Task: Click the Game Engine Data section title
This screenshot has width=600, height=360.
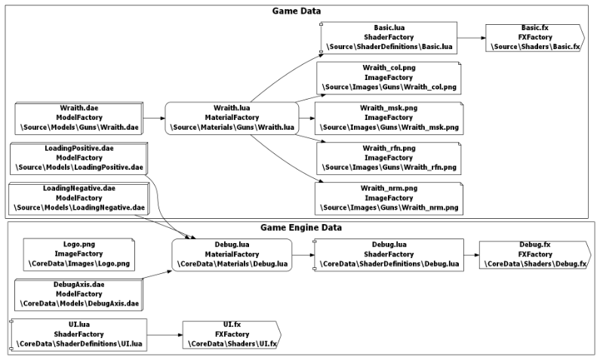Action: (x=301, y=227)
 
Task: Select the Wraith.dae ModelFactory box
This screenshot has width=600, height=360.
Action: (x=79, y=118)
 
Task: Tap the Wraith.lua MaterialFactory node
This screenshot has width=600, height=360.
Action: (x=232, y=118)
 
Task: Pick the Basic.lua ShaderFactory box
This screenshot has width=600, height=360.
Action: (x=389, y=38)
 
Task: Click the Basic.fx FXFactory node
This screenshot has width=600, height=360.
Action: (x=535, y=38)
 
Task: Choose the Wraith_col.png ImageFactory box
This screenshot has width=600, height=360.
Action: (x=389, y=78)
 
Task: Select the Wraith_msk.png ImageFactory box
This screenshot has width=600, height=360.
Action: (x=389, y=118)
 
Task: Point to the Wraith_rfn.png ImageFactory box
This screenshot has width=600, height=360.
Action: (x=389, y=158)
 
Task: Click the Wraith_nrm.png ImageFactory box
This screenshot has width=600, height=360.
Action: (x=389, y=198)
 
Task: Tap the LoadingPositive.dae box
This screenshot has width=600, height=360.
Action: (x=79, y=158)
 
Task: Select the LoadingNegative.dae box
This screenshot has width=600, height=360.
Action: (x=79, y=198)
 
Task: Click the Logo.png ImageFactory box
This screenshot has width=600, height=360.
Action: (x=79, y=255)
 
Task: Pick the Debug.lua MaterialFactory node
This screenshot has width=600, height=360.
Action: (x=232, y=255)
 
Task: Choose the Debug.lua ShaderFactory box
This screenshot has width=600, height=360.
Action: (x=389, y=255)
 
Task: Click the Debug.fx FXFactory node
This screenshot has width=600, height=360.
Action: (x=535, y=255)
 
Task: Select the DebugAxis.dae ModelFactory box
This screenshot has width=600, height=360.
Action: (x=79, y=294)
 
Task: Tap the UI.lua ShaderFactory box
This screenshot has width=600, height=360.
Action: (x=79, y=335)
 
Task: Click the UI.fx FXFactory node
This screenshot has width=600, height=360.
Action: (x=232, y=335)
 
